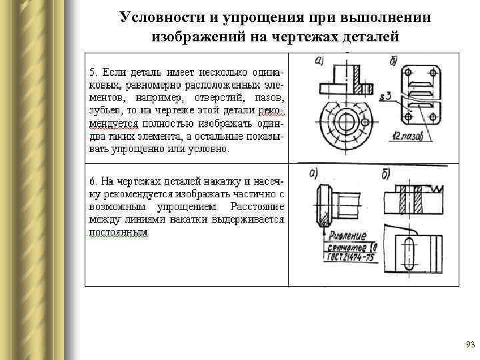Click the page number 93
469,345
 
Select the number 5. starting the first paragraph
93,71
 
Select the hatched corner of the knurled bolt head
325,215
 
